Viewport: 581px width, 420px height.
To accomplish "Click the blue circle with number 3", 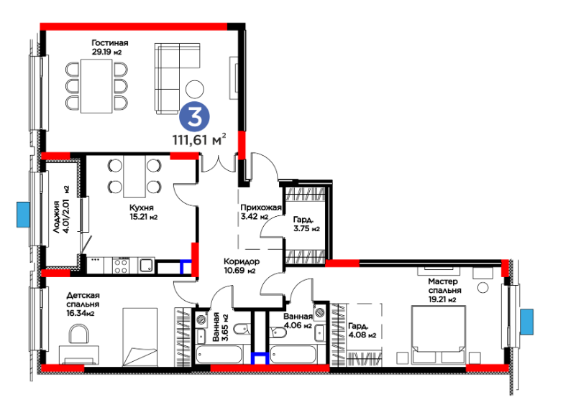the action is pyautogui.click(x=195, y=116).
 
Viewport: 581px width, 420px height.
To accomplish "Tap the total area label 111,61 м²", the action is pyautogui.click(x=199, y=140).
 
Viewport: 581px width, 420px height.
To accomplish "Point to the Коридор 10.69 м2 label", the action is pyautogui.click(x=242, y=266).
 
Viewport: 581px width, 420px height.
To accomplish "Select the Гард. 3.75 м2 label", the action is pyautogui.click(x=306, y=224).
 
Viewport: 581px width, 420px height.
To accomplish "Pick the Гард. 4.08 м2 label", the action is pyautogui.click(x=362, y=330).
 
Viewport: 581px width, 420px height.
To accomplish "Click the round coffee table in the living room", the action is pyautogui.click(x=195, y=89).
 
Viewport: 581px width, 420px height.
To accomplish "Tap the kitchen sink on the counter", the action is pyautogui.click(x=147, y=265).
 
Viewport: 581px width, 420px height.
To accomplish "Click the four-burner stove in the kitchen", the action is pyautogui.click(x=121, y=266).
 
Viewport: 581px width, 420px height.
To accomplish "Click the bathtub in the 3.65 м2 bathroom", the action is pyautogui.click(x=219, y=355).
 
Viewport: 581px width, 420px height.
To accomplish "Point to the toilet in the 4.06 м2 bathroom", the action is pyautogui.click(x=278, y=332).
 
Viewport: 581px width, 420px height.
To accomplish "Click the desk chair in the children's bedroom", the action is pyautogui.click(x=79, y=334).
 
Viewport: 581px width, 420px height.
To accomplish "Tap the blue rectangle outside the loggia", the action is pyautogui.click(x=23, y=214).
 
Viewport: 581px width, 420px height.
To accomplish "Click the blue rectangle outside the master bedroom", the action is pyautogui.click(x=526, y=322).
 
